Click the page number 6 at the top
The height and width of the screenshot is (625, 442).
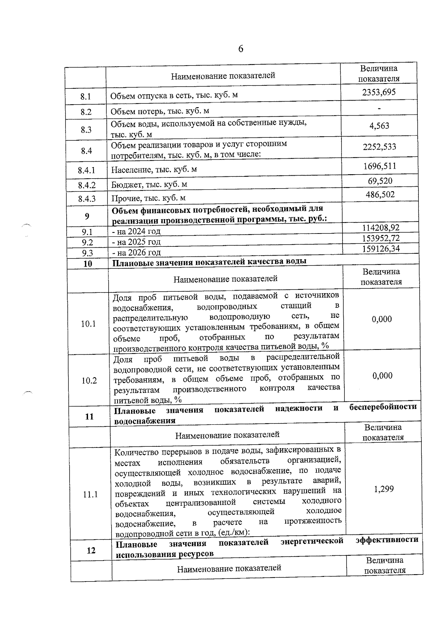click(241, 49)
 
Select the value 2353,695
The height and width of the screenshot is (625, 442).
click(379, 92)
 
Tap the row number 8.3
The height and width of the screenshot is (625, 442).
click(86, 130)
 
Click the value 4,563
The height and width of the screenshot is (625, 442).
click(379, 126)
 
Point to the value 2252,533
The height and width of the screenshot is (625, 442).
click(379, 147)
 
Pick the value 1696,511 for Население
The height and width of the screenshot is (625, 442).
click(379, 166)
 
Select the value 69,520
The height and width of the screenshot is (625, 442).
click(380, 181)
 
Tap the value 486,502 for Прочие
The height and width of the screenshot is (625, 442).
click(380, 194)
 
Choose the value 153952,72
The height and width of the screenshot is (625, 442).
click(381, 238)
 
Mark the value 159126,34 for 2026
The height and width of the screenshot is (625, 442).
click(381, 249)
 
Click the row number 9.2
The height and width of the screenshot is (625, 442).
click(87, 242)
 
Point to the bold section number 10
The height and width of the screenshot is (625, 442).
click(88, 264)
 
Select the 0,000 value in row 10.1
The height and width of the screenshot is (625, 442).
click(382, 319)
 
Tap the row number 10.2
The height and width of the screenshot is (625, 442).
click(89, 381)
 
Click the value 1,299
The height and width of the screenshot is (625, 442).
click(383, 489)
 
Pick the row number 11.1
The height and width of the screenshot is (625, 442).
click(90, 494)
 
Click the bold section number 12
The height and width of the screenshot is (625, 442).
click(91, 551)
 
